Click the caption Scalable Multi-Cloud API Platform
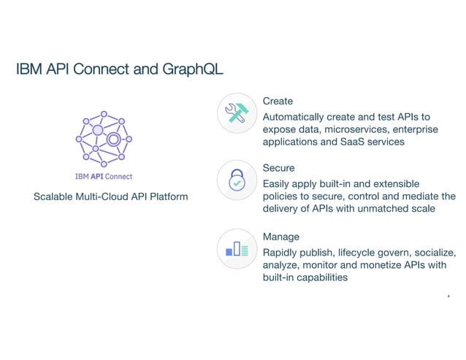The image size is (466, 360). click(x=111, y=197)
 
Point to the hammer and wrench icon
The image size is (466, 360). click(x=237, y=112)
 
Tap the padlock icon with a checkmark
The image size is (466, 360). click(x=237, y=180)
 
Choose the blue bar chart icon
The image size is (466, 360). click(x=237, y=249)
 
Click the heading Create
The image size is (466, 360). click(x=278, y=100)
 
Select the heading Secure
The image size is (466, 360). click(x=279, y=168)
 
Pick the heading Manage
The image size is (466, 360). click(x=281, y=237)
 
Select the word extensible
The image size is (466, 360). click(x=418, y=184)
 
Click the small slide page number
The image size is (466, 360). click(x=447, y=296)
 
